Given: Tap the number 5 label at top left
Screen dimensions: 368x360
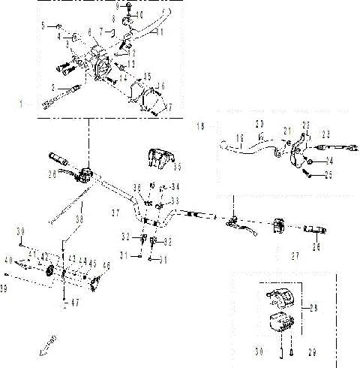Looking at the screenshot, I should coord(44,26).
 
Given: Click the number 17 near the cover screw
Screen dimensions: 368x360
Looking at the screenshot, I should coord(169,107).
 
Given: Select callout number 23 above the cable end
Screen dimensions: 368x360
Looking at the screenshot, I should coord(326,134).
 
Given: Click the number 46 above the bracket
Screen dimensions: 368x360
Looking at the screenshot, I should coord(106,265).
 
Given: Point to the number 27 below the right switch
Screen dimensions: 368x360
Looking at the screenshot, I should coord(295,256).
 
